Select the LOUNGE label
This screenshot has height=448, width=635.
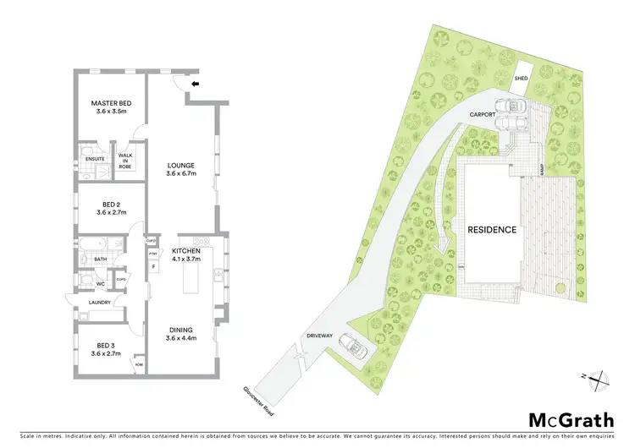pos(181,166)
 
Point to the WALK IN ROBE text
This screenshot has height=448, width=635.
pos(125,161)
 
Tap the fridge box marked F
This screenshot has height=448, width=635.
pos(153,266)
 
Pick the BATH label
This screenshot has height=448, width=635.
pos(100,260)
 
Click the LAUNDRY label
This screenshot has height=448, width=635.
pos(101,303)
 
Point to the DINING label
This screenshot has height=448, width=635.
pos(180,330)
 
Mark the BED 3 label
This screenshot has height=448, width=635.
pos(108,347)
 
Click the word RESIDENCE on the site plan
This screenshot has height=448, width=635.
pos(492,229)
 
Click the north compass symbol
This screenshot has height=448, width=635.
pos(599,378)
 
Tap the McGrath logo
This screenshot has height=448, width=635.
pos(560,420)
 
